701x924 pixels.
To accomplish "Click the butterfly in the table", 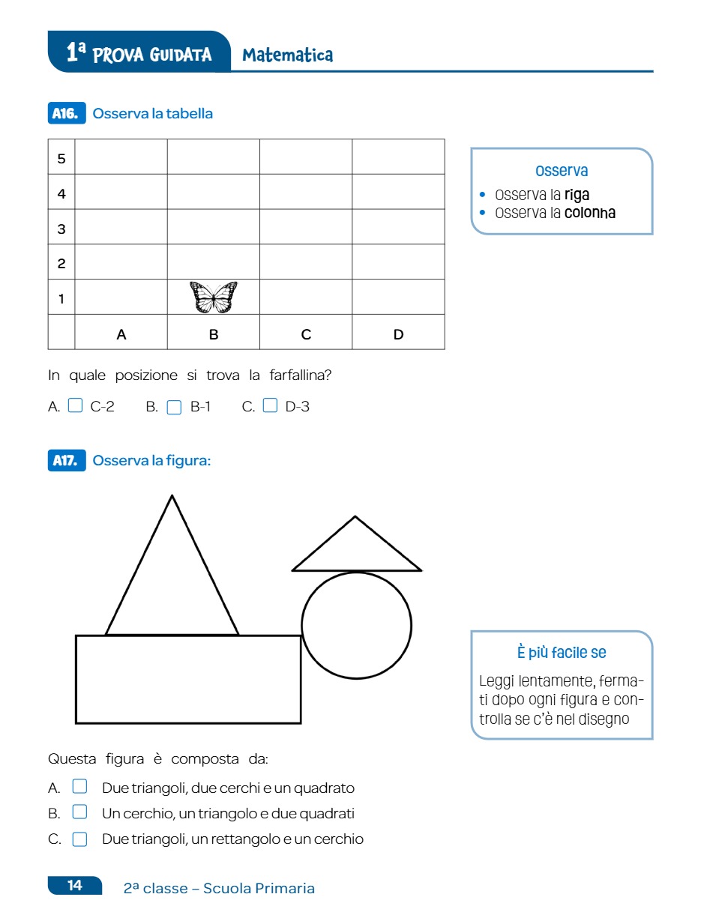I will tap(214, 298).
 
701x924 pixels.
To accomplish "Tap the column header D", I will tap(398, 334).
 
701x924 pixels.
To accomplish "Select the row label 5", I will tap(61, 159).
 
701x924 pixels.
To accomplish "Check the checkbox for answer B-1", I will tap(174, 407).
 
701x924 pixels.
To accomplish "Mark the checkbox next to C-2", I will tap(75, 406).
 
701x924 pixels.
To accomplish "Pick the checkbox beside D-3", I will tap(270, 406).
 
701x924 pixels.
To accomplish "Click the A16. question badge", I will tap(65, 114).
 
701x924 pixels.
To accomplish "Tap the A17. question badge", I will tap(65, 461).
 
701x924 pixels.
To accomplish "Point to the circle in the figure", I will tap(356, 625).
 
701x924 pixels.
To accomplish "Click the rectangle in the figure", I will tap(188, 679).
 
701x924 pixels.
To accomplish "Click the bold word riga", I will tap(577, 195).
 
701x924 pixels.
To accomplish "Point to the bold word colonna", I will tap(590, 213).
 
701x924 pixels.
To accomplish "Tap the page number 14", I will tap(75, 886).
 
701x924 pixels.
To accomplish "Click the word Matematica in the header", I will tap(288, 55).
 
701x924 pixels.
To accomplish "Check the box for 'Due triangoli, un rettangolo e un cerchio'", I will tap(79, 839).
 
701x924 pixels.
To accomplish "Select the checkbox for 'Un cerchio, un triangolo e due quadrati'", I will tap(79, 812).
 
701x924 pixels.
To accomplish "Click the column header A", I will tap(121, 334).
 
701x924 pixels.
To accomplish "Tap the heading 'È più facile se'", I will tap(562, 653).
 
